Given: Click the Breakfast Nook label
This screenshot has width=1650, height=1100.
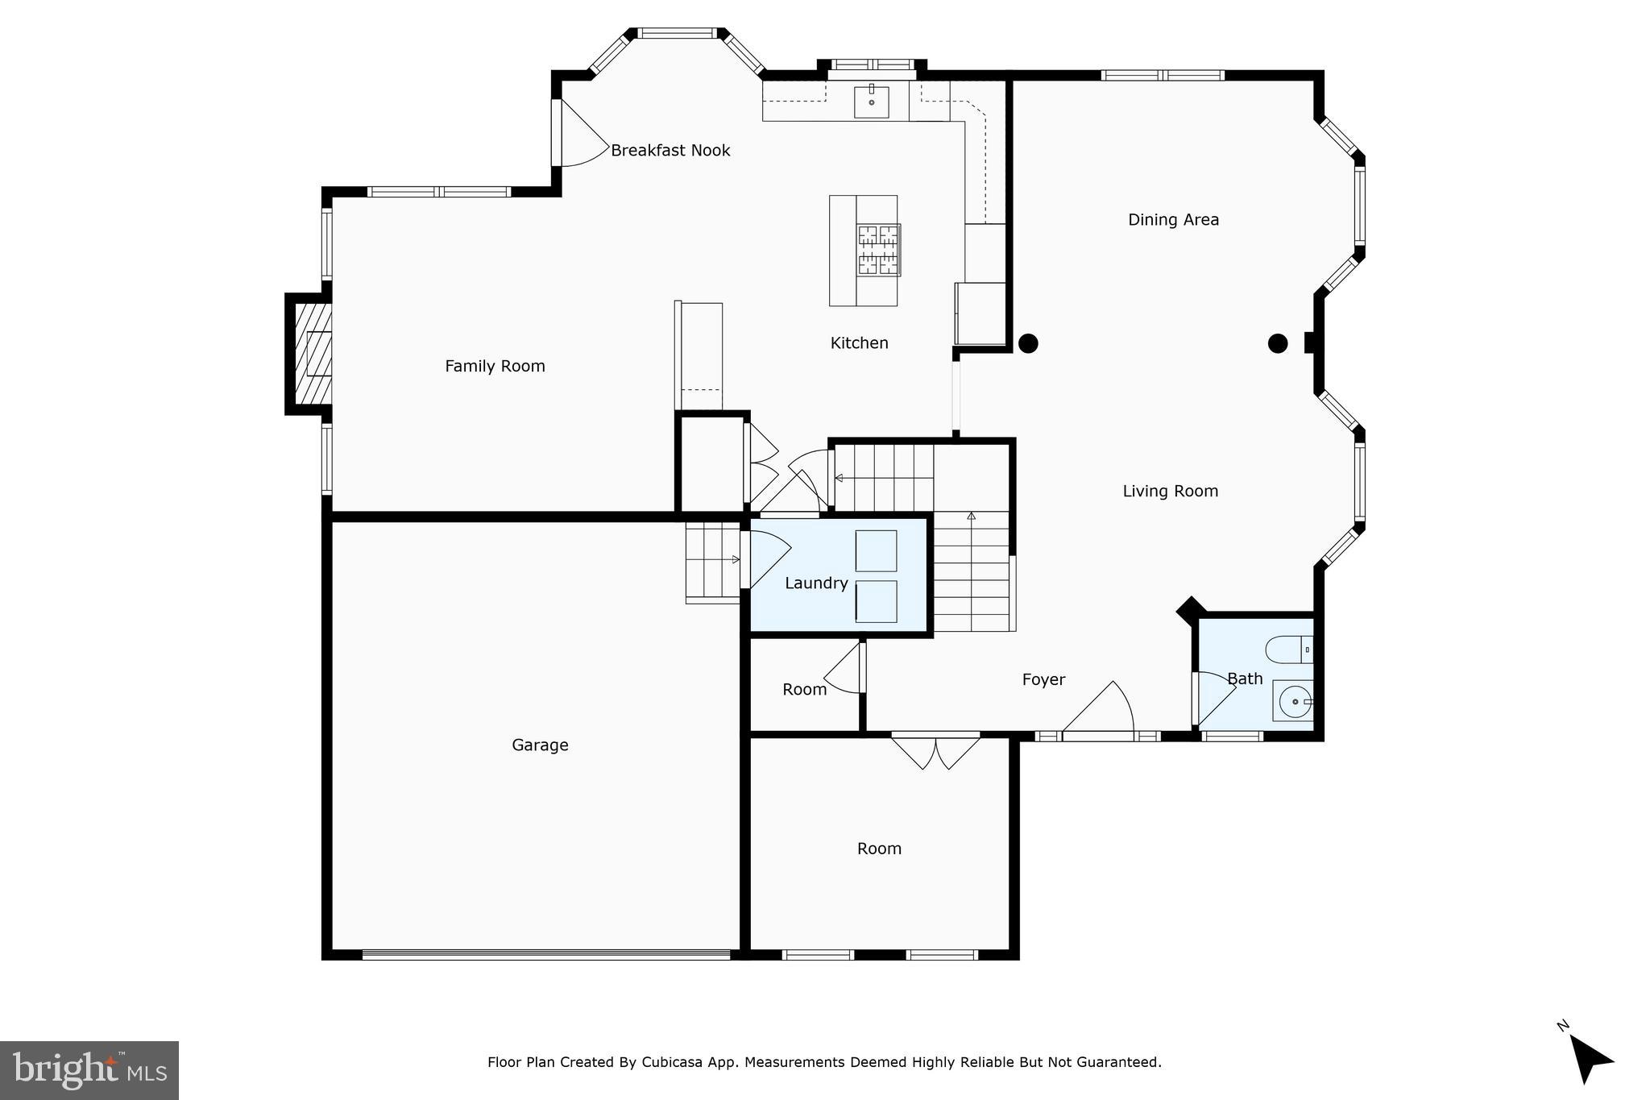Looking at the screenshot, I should coord(670,150).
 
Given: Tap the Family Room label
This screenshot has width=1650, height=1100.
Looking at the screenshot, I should coord(495,366).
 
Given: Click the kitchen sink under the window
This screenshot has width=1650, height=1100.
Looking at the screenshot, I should coord(871,102).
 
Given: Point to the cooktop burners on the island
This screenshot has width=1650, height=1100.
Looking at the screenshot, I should coord(877,249).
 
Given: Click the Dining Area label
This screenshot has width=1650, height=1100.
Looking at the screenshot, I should coord(1173,219).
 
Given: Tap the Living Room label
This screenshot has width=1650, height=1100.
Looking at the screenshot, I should coord(1170,491).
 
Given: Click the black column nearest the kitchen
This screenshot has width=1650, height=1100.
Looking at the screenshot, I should coord(1028,343).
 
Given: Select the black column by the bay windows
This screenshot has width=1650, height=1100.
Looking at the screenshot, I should coord(1278,343).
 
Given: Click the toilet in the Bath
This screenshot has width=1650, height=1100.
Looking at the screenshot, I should coord(1289,649).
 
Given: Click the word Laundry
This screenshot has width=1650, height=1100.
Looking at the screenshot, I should coord(816,583).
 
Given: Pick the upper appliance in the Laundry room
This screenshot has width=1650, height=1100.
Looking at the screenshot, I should coord(876,550).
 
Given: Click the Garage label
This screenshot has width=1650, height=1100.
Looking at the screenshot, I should coord(540,745).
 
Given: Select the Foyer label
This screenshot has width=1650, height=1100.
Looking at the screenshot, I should coord(1043,679).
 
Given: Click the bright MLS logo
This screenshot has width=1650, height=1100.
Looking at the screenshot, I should coord(89,1070).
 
